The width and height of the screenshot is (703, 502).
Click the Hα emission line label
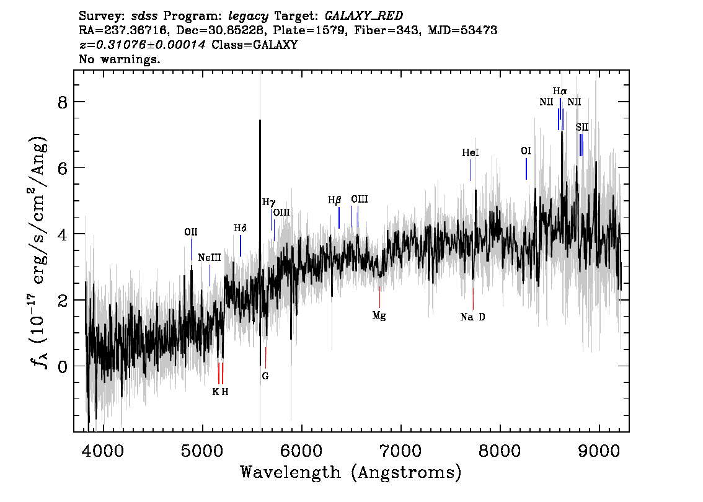[560, 92]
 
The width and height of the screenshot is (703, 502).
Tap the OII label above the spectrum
[190, 232]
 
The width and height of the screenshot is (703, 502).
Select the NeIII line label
[210, 258]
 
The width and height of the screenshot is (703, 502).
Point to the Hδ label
[240, 228]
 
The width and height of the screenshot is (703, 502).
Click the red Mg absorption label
[379, 316]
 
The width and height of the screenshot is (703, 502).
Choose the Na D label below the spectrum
[472, 317]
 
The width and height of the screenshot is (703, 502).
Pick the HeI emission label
[471, 153]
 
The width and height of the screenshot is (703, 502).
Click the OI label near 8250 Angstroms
[526, 151]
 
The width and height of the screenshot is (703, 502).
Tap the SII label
[582, 127]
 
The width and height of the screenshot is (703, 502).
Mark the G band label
[265, 376]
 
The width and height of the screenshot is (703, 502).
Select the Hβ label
[334, 200]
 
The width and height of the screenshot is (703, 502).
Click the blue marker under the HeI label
[471, 170]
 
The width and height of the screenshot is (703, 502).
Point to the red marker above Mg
[379, 297]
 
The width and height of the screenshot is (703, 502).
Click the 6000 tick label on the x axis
[302, 451]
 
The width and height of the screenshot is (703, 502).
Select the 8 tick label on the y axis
[63, 103]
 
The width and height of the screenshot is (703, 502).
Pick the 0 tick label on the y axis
[63, 367]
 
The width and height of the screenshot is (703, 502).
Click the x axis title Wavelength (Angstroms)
[351, 472]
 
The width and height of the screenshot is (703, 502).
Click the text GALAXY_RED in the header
[364, 16]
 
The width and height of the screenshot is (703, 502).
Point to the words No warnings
[119, 59]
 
